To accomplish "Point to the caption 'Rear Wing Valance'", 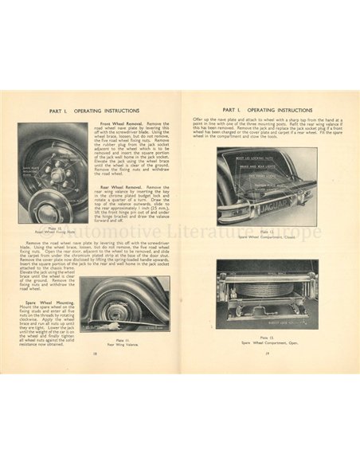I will coord(117,344).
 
